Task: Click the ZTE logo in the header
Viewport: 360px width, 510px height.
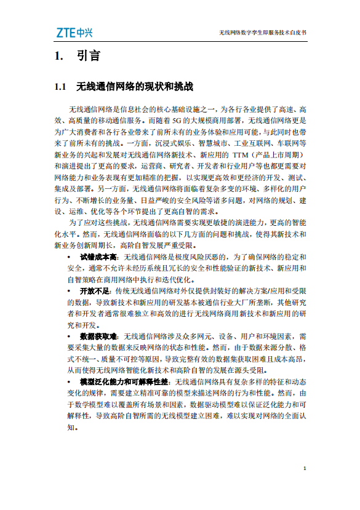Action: [73, 31]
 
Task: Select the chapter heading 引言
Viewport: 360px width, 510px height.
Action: [88, 56]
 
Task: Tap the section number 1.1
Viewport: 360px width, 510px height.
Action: [60, 86]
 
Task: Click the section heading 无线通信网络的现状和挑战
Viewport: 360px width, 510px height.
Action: [134, 86]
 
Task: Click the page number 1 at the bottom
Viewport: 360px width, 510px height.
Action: [305, 469]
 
